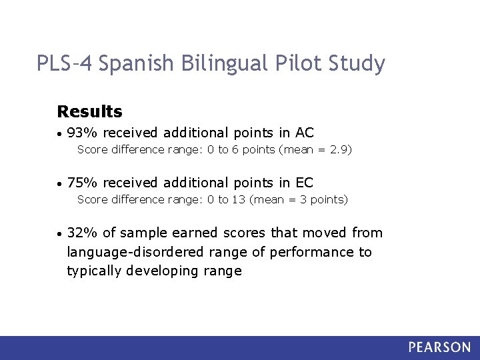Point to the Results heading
(x=90, y=111)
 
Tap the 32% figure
(x=82, y=233)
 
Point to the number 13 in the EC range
(x=239, y=199)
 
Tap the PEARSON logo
(x=439, y=347)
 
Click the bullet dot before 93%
(x=60, y=133)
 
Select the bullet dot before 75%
(x=60, y=183)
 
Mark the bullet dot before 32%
(x=60, y=233)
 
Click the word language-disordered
(x=127, y=252)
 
